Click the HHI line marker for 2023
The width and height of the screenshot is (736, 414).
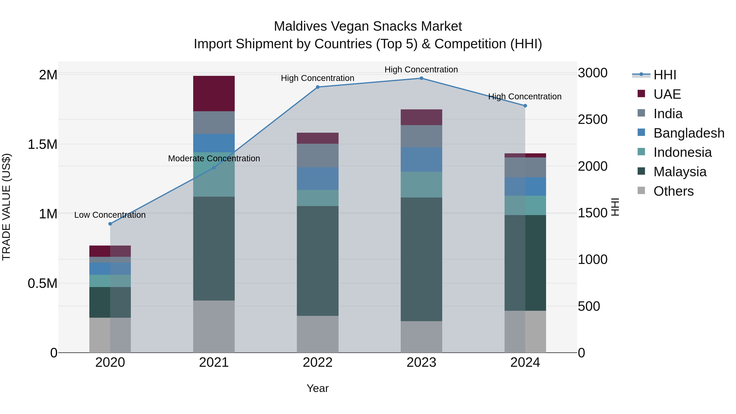(x=421, y=78)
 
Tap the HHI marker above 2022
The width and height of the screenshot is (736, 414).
(x=318, y=87)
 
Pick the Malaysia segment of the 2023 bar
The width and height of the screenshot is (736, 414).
(x=421, y=259)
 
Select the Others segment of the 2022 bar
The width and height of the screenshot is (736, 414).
(x=318, y=334)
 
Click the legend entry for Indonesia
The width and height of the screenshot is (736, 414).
(x=682, y=152)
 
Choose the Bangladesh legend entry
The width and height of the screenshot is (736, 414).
(x=689, y=133)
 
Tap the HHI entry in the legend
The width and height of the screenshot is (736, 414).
(x=665, y=75)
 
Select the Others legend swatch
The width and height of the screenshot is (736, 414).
(x=641, y=191)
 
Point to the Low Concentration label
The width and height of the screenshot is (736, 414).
(x=110, y=215)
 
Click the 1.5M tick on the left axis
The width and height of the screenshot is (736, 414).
(x=42, y=145)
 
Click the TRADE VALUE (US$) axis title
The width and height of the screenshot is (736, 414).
(x=6, y=207)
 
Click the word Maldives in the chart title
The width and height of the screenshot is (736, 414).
(x=300, y=26)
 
